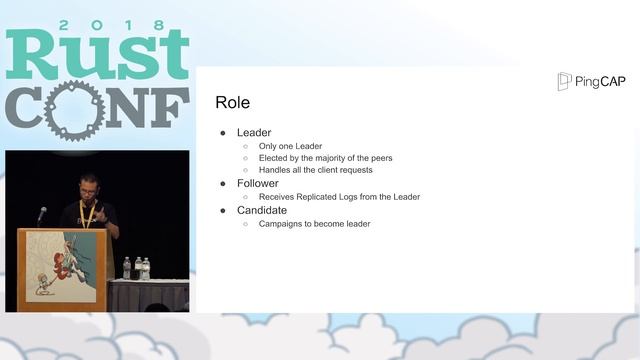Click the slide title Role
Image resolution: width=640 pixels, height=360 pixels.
[x=232, y=103]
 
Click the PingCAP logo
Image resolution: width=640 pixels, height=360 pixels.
[x=592, y=81]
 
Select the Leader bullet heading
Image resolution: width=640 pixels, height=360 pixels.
[x=253, y=132]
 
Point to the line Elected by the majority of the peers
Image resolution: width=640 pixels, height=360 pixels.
[x=325, y=158]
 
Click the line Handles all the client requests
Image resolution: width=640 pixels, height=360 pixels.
[x=315, y=170]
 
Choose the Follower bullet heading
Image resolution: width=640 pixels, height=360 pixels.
[x=258, y=184]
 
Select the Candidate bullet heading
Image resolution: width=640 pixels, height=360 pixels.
[x=262, y=210]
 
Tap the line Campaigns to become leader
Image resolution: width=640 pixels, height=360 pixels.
[x=314, y=224]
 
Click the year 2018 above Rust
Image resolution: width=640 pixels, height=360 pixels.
[x=97, y=23]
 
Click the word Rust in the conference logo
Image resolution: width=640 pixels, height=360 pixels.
[x=97, y=55]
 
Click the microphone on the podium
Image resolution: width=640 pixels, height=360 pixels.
[x=42, y=213]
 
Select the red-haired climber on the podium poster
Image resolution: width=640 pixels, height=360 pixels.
[x=63, y=262]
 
